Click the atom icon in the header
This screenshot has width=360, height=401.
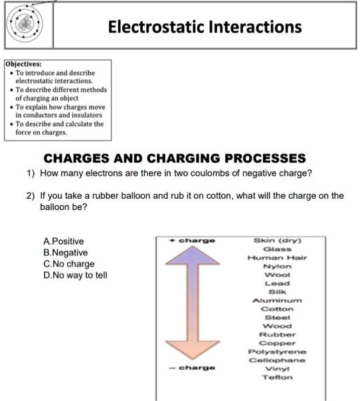click(26, 25)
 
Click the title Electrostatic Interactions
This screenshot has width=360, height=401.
click(205, 27)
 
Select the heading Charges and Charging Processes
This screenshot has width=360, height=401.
click(175, 158)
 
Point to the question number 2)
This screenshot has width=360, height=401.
click(30, 196)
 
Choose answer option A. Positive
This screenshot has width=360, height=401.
click(63, 241)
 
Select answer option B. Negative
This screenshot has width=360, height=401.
click(65, 253)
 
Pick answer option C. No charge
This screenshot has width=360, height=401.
click(68, 264)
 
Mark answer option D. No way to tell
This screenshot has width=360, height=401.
click(74, 275)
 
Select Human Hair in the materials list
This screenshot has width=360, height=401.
click(277, 257)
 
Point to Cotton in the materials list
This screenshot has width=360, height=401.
click(277, 309)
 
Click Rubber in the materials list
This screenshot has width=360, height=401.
click(277, 334)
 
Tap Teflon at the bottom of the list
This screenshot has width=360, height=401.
click(277, 377)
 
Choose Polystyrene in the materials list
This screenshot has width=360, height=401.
click(277, 352)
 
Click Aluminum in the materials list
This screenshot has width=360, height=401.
click(277, 300)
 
